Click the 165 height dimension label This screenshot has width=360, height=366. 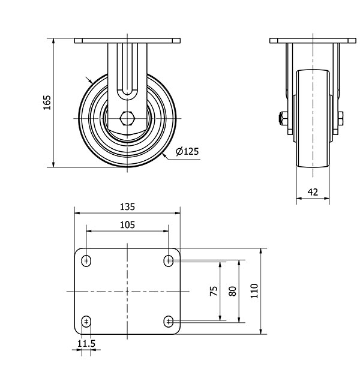pyautogui.click(x=47, y=103)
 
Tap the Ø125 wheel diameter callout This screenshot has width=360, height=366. pyautogui.click(x=187, y=151)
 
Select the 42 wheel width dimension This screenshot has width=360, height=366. pyautogui.click(x=313, y=192)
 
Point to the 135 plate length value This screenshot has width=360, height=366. pyautogui.click(x=127, y=207)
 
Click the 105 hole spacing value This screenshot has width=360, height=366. pyautogui.click(x=127, y=225)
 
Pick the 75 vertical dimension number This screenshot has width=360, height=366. pyautogui.click(x=214, y=291)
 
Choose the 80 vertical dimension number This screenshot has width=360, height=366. pyautogui.click(x=233, y=291)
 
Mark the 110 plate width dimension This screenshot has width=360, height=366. pyautogui.click(x=254, y=291)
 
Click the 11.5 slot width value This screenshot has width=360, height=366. pyautogui.click(x=86, y=344)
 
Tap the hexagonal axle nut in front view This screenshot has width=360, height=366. pyautogui.click(x=127, y=119)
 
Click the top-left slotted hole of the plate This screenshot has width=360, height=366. pyautogui.click(x=86, y=261)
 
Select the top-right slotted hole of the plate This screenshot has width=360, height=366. pyautogui.click(x=169, y=261)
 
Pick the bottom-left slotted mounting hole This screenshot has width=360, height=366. pyautogui.click(x=86, y=322)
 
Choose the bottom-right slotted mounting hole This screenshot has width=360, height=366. pyautogui.click(x=169, y=322)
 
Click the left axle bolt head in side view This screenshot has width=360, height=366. pyautogui.click(x=283, y=119)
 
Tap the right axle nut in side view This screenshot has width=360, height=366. pyautogui.click(x=340, y=119)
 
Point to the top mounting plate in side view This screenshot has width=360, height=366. pyautogui.click(x=313, y=41)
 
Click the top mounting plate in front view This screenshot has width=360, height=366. pyautogui.click(x=127, y=41)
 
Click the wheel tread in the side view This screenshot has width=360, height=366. pyautogui.click(x=313, y=119)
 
